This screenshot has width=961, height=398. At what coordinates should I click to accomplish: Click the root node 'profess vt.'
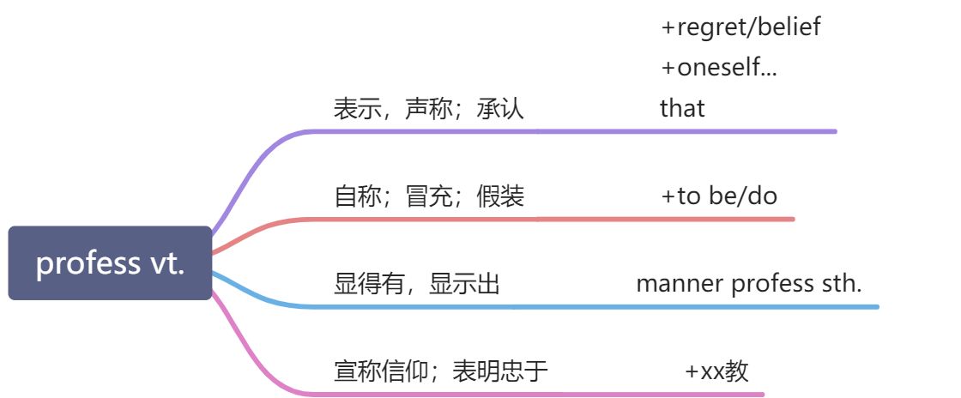[110, 263]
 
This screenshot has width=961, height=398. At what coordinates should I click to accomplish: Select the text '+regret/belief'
[740, 27]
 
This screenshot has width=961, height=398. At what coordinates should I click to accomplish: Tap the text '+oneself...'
[719, 67]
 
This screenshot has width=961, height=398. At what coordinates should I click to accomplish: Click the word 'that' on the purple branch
[682, 108]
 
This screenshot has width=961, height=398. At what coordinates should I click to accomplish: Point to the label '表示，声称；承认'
[428, 109]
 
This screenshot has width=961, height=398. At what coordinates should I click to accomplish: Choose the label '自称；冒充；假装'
[428, 196]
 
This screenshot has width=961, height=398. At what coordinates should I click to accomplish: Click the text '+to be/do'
[719, 196]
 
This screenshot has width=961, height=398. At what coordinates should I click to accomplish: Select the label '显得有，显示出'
[416, 284]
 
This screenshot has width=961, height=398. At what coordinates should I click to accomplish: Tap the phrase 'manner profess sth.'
[748, 284]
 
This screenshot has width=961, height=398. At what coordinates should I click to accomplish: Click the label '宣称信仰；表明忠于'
[440, 371]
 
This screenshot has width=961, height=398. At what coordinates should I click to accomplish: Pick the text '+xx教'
[716, 371]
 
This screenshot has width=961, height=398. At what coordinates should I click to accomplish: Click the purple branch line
[601, 131]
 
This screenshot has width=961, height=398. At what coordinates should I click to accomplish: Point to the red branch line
[601, 219]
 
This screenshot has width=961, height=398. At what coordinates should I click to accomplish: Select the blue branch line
[601, 306]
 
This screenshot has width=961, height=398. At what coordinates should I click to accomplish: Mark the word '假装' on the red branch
[500, 196]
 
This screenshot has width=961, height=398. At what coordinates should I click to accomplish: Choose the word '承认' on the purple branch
[500, 109]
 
